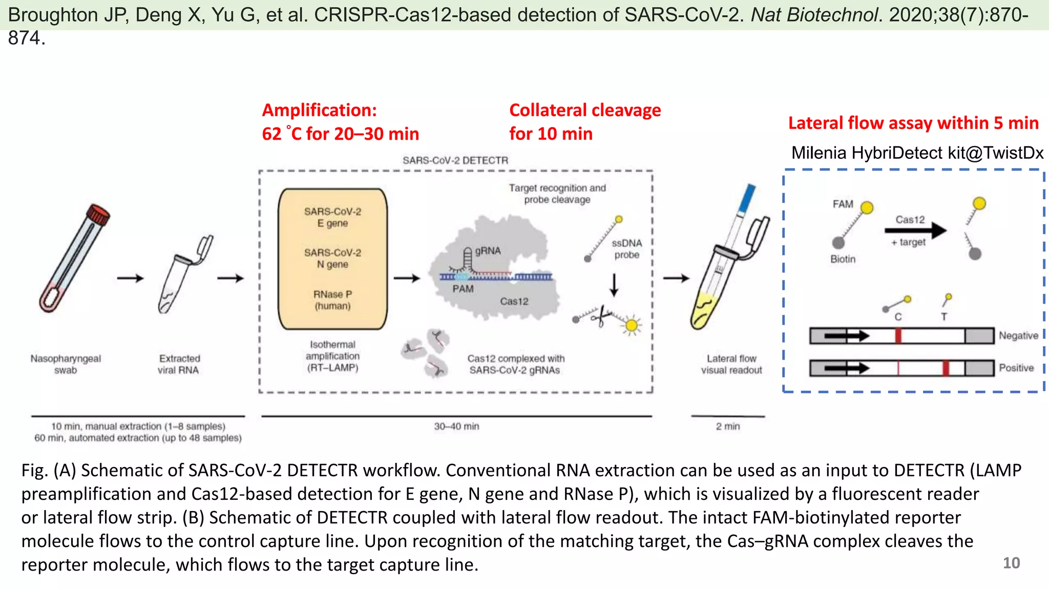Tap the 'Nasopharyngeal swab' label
point(66,364)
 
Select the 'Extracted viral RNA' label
point(179,364)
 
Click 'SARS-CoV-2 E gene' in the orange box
point(332,217)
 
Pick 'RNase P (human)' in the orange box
point(332,300)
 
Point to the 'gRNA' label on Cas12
point(488,251)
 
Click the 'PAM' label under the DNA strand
point(463,289)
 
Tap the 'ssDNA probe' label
point(626,249)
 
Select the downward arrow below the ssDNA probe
point(614,285)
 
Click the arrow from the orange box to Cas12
point(407,278)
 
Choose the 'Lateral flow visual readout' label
point(731,364)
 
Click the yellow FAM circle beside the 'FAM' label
point(867,207)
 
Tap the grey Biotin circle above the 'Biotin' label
point(838,243)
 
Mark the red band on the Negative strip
point(898,336)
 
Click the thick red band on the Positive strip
point(946,368)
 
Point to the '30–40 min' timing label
point(456,426)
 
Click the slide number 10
point(1011,563)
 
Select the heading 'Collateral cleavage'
point(585,110)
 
